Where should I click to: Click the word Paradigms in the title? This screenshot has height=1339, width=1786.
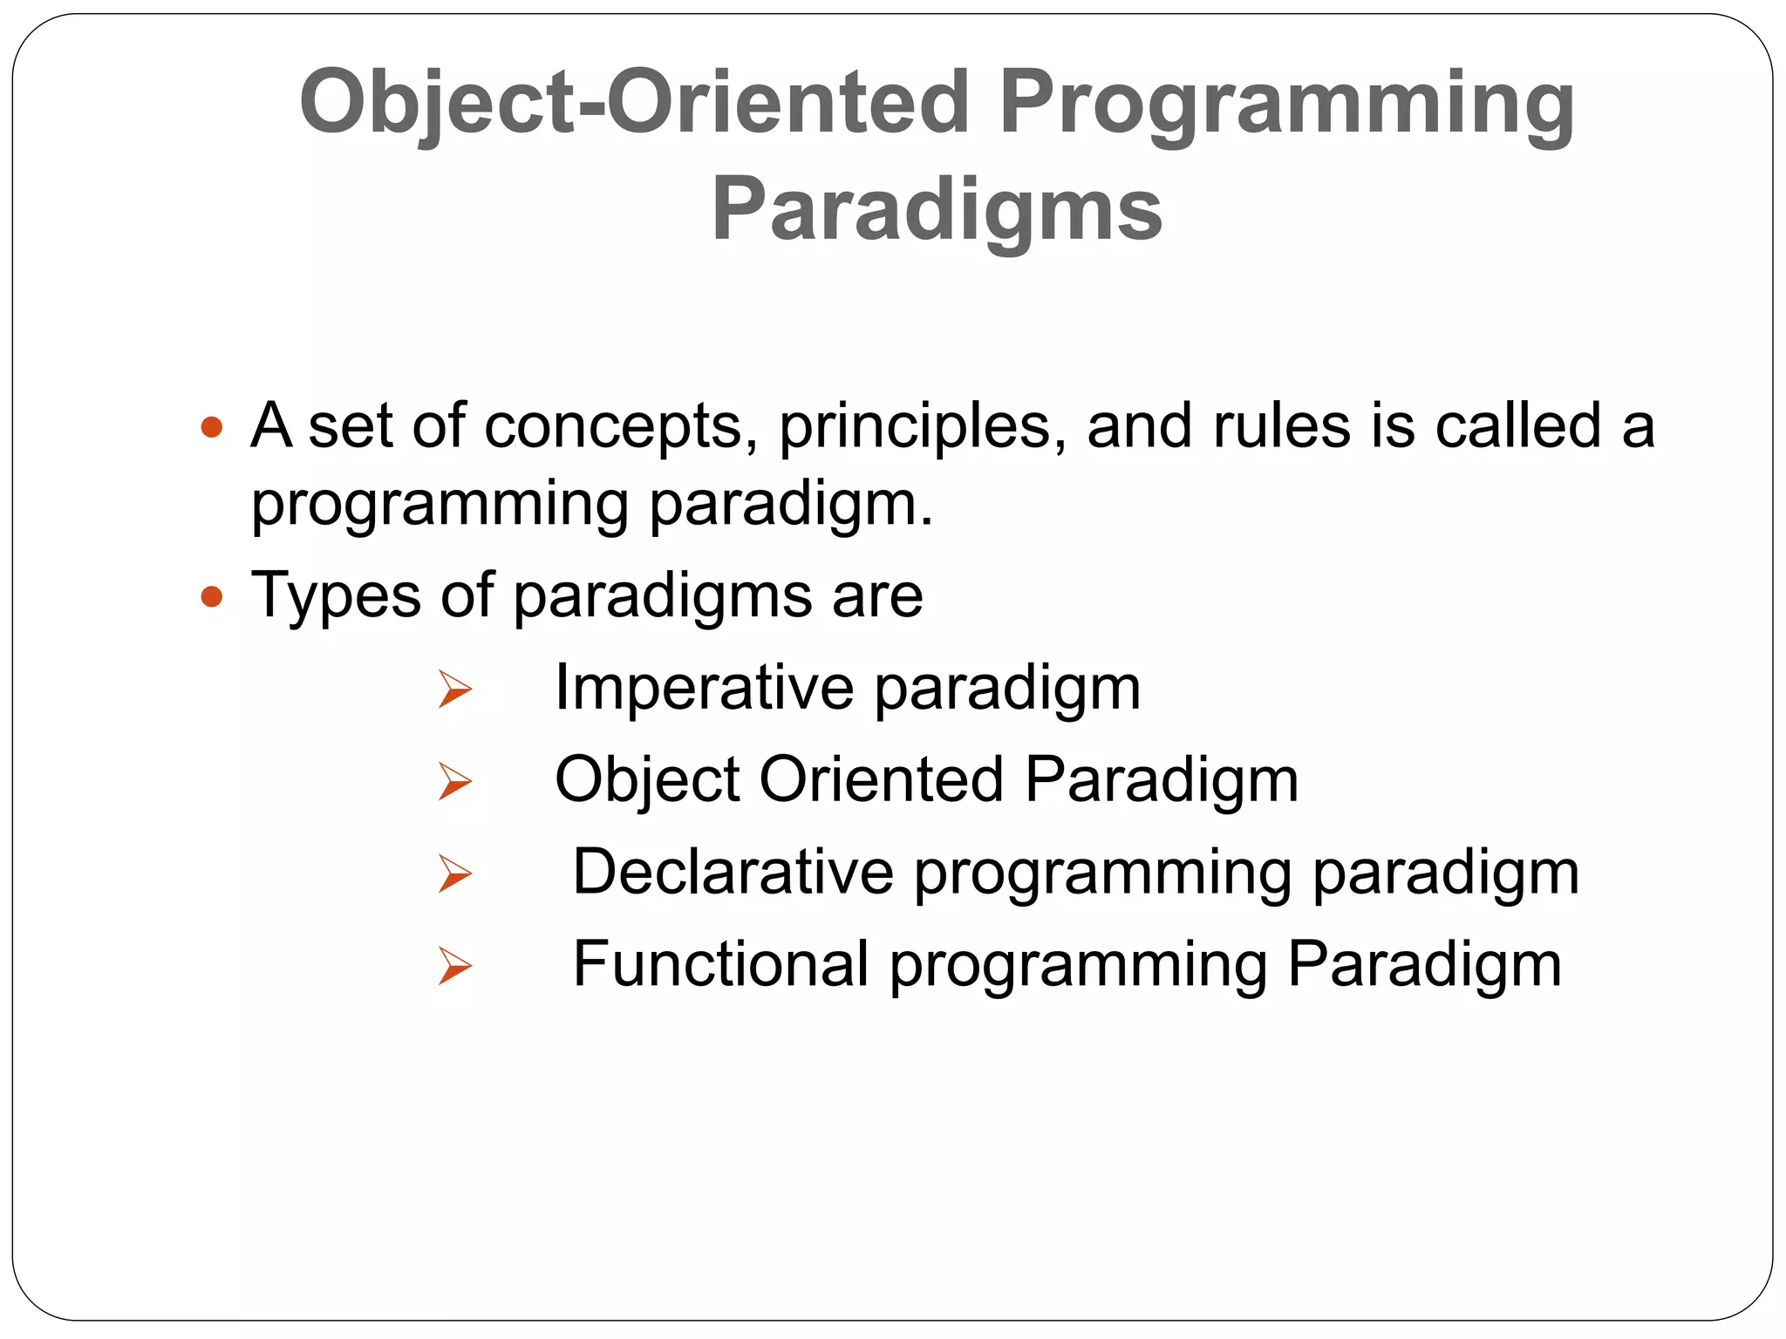click(937, 210)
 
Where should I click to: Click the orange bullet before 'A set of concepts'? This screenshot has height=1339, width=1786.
click(212, 427)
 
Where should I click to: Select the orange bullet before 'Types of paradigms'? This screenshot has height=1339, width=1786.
click(212, 597)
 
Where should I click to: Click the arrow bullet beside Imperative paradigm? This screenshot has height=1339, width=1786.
click(454, 690)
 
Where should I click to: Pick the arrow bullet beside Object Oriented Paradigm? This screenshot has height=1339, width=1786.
click(454, 781)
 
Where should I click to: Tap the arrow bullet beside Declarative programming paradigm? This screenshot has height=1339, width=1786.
click(454, 873)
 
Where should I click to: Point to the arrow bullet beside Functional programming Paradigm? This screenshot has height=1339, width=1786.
click(454, 966)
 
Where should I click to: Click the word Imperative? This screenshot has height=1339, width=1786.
click(704, 689)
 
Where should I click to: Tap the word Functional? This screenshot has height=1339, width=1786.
click(720, 964)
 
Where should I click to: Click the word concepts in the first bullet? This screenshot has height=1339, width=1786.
click(621, 428)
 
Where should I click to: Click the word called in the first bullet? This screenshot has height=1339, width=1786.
click(1518, 426)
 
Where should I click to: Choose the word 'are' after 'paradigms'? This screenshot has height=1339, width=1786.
click(876, 597)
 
